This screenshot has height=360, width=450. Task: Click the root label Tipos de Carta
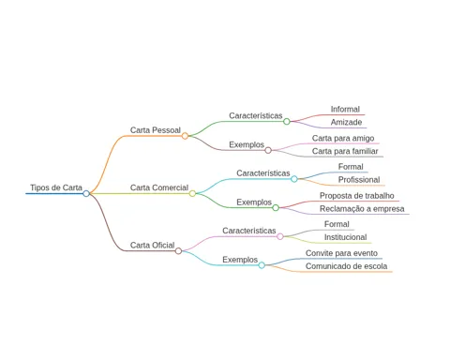tap(56, 187)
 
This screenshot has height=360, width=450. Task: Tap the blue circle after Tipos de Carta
tap(86, 193)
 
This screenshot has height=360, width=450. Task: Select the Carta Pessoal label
tap(156, 130)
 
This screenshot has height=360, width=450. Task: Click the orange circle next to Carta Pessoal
tap(185, 136)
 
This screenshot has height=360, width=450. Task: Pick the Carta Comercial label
tap(159, 187)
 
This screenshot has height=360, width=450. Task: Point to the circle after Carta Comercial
tap(192, 193)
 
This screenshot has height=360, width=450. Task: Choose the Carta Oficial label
tap(152, 245)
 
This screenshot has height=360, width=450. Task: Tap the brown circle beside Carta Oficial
tap(178, 250)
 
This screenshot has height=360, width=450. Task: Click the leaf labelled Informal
tap(345, 110)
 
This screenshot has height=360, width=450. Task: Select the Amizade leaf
tap(346, 122)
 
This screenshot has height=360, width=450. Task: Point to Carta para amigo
tap(343, 138)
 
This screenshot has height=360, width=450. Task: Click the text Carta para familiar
tap(345, 151)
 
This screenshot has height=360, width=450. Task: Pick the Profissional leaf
tap(359, 180)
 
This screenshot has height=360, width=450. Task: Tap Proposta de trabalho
tap(356, 196)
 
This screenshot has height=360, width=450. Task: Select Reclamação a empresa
tap(362, 209)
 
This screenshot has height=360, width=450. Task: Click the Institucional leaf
tap(345, 237)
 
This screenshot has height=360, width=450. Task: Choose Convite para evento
tap(341, 253)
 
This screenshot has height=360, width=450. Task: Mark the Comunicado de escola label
tap(346, 266)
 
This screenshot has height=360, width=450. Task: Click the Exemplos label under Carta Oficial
tap(240, 260)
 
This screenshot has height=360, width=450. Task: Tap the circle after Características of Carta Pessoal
tap(287, 121)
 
